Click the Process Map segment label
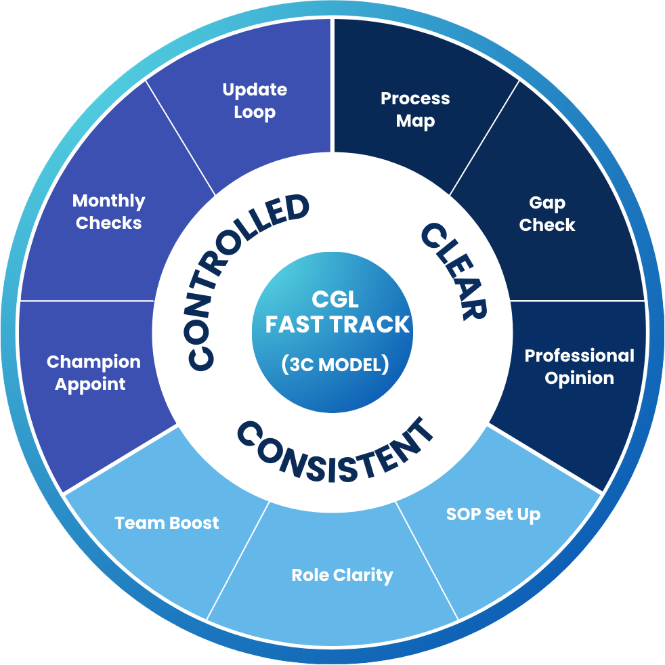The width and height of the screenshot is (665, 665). click(415, 110)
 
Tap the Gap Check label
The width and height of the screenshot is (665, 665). click(547, 214)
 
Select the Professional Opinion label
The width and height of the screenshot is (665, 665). click(579, 366)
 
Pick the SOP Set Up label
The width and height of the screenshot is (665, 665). click(493, 514)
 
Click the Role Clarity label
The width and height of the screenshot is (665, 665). click(342, 576)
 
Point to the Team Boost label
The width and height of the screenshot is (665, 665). click(167, 523)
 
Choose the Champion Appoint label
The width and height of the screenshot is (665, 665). click(93, 372)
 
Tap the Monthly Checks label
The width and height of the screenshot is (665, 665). click(108, 212)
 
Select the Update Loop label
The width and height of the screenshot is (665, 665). click(255, 101)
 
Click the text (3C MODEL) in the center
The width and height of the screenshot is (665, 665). click(335, 364)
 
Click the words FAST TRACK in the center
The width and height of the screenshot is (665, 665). click(337, 324)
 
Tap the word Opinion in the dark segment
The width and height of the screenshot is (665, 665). click(579, 378)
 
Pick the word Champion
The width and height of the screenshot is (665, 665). click(93, 362)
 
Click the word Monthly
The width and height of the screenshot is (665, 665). click(108, 201)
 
